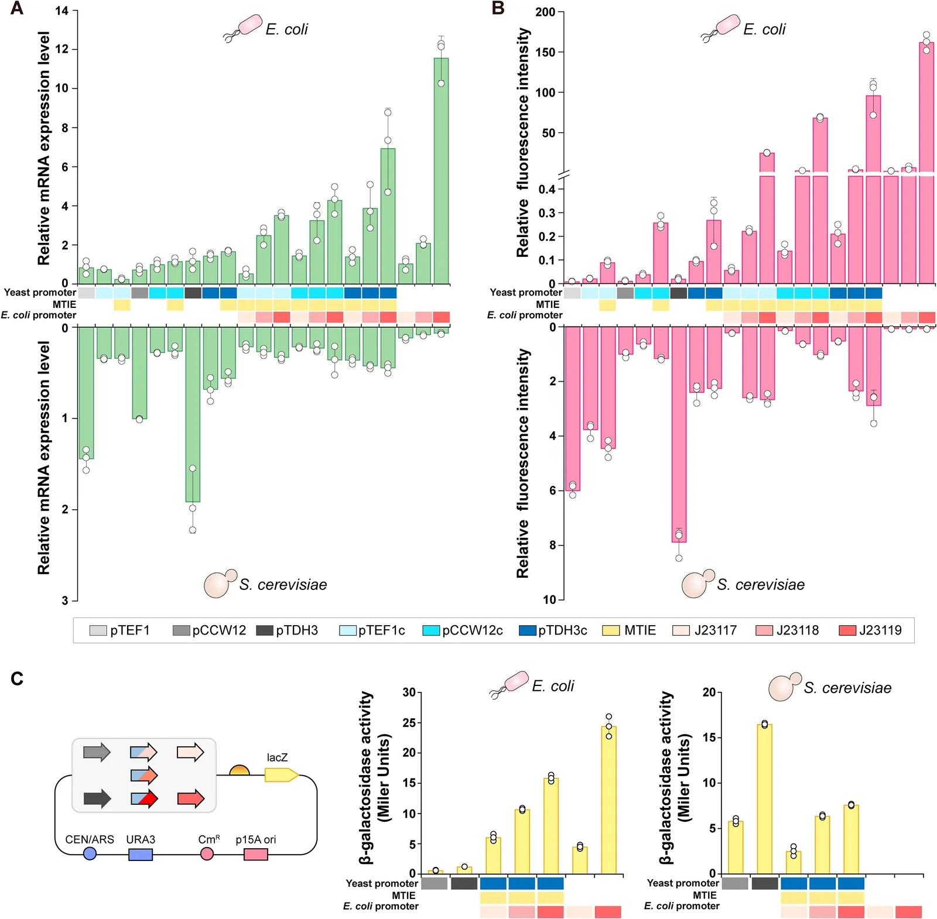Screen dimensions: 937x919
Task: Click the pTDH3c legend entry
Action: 553,630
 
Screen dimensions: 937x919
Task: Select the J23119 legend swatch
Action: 847,630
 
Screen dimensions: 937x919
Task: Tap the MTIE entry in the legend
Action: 629,630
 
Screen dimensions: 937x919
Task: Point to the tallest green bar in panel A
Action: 441,170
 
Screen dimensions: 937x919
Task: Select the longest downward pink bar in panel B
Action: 679,434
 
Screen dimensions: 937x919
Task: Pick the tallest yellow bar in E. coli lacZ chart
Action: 609,800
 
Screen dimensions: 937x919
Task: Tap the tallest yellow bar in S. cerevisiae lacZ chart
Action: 764,798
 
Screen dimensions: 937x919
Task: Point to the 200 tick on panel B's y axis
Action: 545,12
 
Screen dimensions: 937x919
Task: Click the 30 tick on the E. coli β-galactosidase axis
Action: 409,692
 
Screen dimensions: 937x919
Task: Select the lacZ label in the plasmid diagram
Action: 277,757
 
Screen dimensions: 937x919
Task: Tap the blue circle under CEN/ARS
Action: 90,854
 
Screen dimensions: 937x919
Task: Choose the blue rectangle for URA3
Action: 141,855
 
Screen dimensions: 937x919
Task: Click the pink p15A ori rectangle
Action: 256,855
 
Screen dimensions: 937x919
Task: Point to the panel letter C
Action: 17,678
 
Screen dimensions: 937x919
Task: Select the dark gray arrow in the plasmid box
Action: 97,798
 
